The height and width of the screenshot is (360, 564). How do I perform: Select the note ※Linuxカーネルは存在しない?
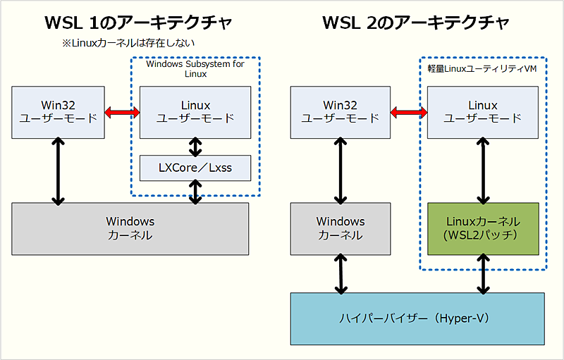click(127, 44)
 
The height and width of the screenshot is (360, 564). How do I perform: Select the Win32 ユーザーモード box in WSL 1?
click(59, 112)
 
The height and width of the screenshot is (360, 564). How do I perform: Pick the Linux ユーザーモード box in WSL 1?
click(195, 112)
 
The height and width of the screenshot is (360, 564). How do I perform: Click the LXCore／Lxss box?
click(195, 168)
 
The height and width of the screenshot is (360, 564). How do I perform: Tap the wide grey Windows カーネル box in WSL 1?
click(130, 228)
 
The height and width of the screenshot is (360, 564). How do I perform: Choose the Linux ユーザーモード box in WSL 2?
click(483, 112)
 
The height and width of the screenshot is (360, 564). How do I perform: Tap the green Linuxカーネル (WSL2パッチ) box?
click(483, 228)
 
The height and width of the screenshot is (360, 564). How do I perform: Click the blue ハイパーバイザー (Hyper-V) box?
click(417, 318)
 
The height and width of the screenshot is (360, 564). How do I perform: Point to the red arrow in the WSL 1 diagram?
click(123, 112)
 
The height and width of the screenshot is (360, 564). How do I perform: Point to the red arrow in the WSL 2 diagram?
click(409, 112)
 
